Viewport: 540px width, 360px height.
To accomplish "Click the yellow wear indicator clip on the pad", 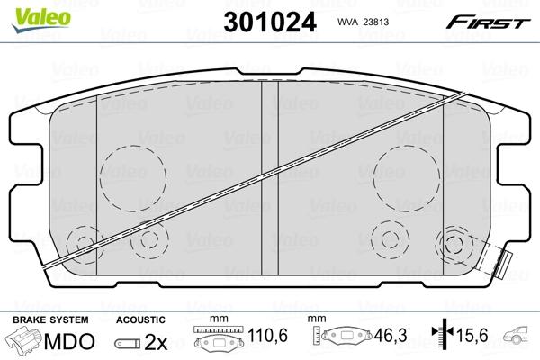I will pyautogui.click(x=505, y=264).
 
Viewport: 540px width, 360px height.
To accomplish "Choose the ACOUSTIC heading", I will pyautogui.click(x=140, y=319).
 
